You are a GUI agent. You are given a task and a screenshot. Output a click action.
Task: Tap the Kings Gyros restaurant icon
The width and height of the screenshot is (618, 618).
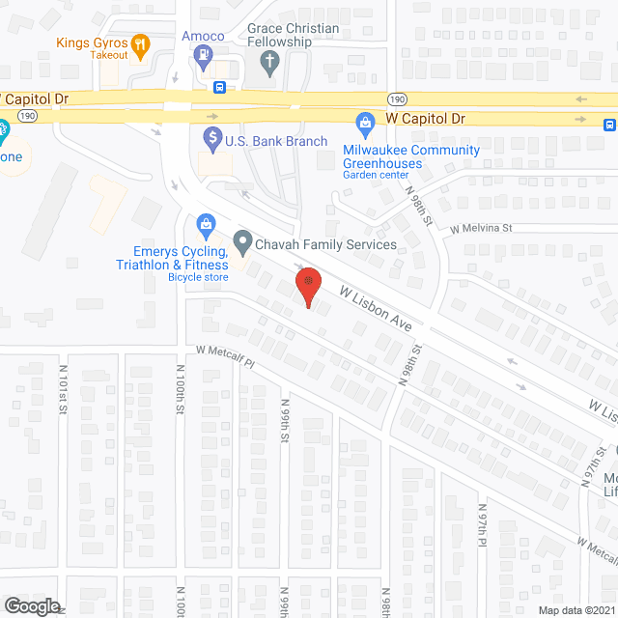click(x=141, y=42)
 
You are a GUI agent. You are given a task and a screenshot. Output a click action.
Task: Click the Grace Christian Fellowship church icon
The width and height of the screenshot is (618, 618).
click(x=270, y=64)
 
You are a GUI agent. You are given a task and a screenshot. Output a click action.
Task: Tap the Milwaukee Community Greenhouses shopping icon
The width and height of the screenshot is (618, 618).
click(x=365, y=122)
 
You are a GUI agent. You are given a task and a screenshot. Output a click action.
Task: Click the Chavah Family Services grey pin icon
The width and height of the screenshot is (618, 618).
click(x=242, y=243)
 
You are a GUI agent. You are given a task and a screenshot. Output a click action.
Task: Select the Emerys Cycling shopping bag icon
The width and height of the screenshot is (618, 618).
click(x=205, y=226)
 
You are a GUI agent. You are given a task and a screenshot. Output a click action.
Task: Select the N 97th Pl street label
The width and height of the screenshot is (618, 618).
click(x=481, y=525)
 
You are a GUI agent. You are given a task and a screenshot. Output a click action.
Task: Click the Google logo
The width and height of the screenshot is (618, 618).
click(x=31, y=605)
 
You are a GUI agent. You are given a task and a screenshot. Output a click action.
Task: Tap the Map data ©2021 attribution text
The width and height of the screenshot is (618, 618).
click(x=576, y=610)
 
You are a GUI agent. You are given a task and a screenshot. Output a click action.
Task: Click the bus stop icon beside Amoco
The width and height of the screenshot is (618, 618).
click(x=220, y=87)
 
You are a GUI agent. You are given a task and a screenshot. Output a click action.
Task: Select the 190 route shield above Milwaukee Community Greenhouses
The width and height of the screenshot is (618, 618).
click(x=398, y=99)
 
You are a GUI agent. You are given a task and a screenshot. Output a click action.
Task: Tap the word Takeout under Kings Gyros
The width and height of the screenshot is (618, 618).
click(x=109, y=56)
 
